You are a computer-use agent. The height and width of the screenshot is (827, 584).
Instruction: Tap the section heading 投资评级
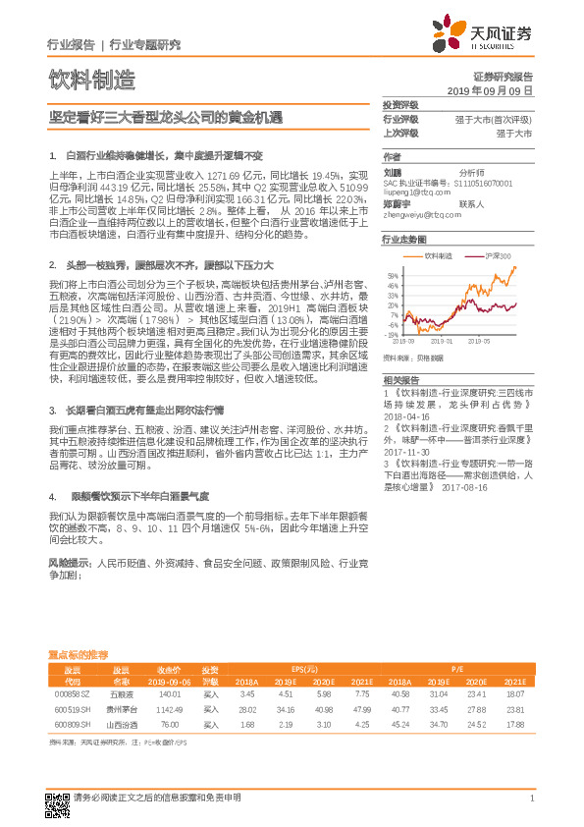400,105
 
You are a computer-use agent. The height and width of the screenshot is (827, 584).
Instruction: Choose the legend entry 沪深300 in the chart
499,254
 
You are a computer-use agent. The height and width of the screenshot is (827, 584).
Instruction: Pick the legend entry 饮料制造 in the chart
449,254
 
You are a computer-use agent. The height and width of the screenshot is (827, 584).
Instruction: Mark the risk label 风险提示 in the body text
67,565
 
